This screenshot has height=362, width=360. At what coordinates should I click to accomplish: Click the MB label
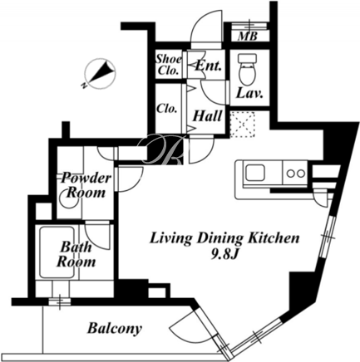(x=248, y=37)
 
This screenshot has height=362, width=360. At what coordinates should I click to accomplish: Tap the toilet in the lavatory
(x=248, y=69)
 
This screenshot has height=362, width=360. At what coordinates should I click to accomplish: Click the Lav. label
(x=249, y=94)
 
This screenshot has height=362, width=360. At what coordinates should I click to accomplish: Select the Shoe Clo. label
(x=168, y=65)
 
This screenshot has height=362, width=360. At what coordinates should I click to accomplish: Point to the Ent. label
(x=209, y=66)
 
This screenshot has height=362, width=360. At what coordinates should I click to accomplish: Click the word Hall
(x=208, y=116)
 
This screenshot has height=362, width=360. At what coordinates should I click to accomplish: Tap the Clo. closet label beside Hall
(x=166, y=108)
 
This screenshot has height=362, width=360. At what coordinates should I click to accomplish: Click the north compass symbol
(x=99, y=73)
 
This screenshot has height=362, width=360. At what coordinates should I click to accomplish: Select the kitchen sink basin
(x=255, y=173)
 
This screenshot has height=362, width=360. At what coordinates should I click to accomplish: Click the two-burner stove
(x=295, y=174)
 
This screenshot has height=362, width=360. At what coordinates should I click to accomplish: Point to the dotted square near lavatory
(x=242, y=125)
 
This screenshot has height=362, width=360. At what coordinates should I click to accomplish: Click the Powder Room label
(x=86, y=185)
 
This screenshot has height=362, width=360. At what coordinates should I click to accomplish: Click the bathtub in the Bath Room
(x=57, y=252)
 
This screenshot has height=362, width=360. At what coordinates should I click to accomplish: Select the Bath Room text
(x=76, y=254)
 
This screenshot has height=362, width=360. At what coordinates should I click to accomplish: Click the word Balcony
(x=115, y=328)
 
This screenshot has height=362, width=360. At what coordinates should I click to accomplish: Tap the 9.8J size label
(x=224, y=255)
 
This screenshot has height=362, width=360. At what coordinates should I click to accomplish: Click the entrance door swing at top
(x=205, y=27)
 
